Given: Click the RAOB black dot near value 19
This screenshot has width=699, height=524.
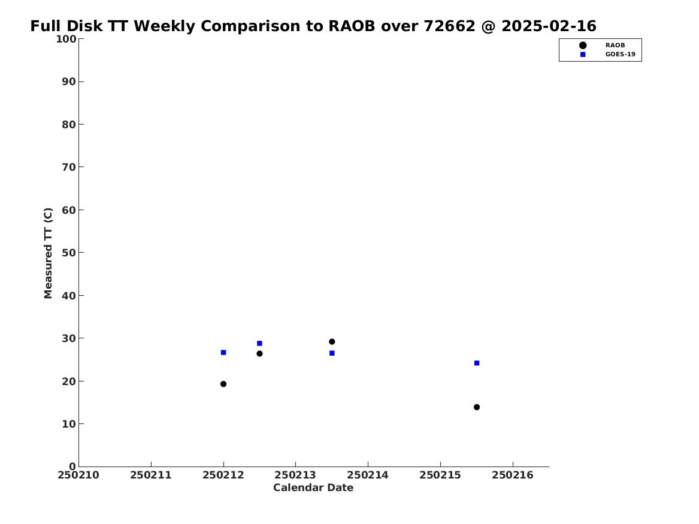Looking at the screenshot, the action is click(223, 384).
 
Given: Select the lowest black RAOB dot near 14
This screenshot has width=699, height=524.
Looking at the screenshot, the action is click(477, 407).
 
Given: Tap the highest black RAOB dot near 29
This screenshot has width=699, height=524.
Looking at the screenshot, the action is click(332, 342).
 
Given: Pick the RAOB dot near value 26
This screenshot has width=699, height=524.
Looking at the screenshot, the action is click(259, 354).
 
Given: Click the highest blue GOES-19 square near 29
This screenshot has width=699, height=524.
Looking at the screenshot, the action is click(259, 344).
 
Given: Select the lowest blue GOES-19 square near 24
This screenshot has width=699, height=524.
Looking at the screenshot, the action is click(477, 363).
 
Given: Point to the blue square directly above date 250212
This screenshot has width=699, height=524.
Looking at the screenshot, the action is click(223, 353).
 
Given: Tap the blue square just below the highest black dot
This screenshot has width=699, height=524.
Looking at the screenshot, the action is click(332, 353).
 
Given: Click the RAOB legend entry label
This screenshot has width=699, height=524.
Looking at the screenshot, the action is click(615, 46).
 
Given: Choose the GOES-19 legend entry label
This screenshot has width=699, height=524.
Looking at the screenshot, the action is click(620, 54).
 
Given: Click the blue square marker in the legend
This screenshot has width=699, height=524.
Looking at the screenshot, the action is click(583, 54).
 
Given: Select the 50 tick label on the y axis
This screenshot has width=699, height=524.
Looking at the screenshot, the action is click(69, 253).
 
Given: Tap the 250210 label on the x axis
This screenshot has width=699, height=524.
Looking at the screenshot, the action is click(78, 475).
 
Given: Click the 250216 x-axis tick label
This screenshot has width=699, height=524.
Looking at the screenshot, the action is click(513, 475).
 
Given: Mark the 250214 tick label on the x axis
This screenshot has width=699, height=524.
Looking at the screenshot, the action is click(368, 475).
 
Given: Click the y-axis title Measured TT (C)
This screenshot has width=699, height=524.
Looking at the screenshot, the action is click(48, 253).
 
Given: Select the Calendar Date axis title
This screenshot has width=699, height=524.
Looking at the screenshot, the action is click(313, 488).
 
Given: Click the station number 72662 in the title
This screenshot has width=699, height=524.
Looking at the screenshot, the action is click(449, 26).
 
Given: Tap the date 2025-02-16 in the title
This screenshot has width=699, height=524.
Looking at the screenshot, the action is click(549, 26).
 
